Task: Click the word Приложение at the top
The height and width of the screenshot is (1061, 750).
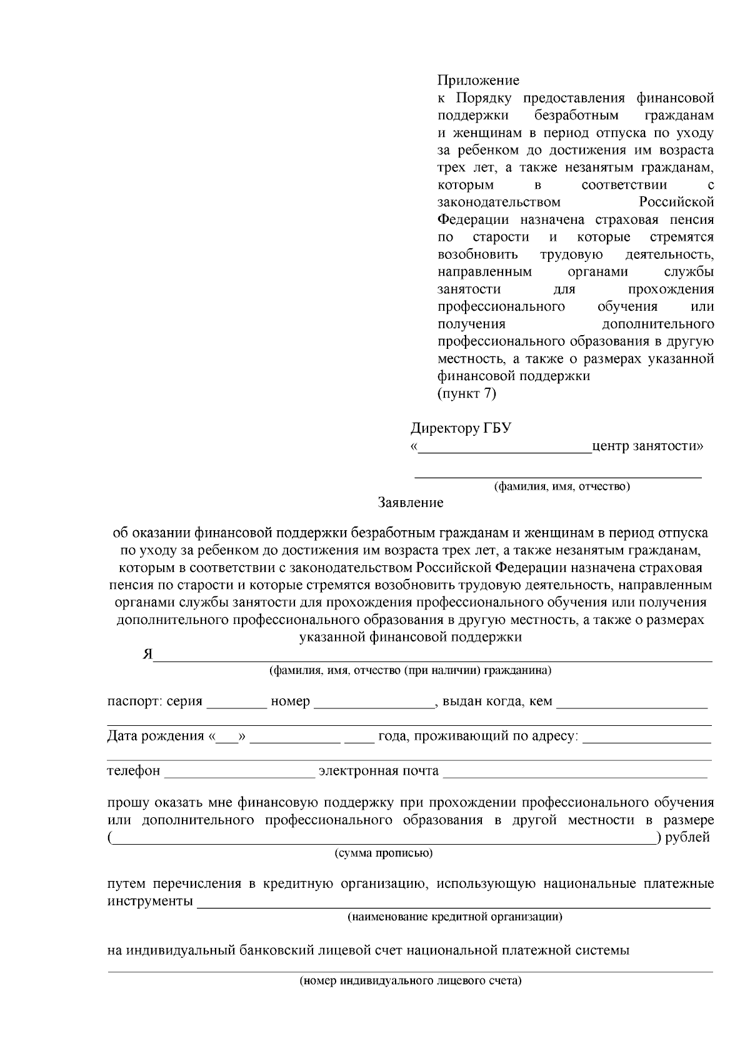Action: coord(477,81)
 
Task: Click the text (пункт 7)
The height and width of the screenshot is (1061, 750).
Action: coord(466,393)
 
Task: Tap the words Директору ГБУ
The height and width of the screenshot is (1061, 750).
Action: coord(461,428)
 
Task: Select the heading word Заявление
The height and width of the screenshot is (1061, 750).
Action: coord(411,503)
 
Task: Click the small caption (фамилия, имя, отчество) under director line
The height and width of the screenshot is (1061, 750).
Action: coord(561,486)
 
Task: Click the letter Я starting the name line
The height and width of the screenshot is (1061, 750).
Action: coord(147,654)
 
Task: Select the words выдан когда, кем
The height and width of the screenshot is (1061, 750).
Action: coord(497,701)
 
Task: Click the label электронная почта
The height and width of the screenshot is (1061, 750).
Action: coord(379,771)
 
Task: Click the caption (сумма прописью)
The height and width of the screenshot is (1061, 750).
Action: coord(383,853)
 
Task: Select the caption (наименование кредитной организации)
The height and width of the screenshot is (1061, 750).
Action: coord(455,917)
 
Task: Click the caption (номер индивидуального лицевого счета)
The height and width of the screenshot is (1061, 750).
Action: coord(410,981)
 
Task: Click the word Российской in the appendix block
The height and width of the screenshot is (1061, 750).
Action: coord(677,203)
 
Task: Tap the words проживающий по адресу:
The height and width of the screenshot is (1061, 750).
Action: coord(478,736)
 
